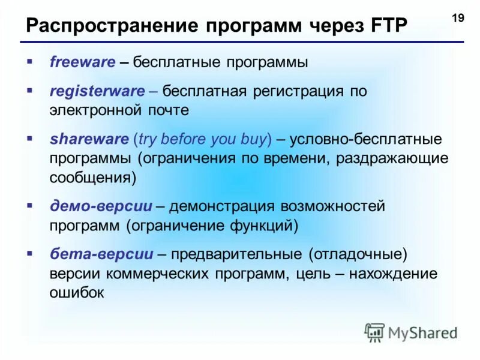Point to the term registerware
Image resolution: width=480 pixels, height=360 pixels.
point(97,92)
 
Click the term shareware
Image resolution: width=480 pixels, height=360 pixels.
point(89,139)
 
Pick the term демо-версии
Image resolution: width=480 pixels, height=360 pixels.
point(101,206)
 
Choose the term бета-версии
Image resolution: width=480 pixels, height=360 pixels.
point(101,254)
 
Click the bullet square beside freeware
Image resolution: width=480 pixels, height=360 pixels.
point(29,61)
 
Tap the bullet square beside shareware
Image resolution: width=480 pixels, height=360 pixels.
point(29,138)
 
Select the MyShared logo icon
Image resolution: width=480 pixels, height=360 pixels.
point(375,332)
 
